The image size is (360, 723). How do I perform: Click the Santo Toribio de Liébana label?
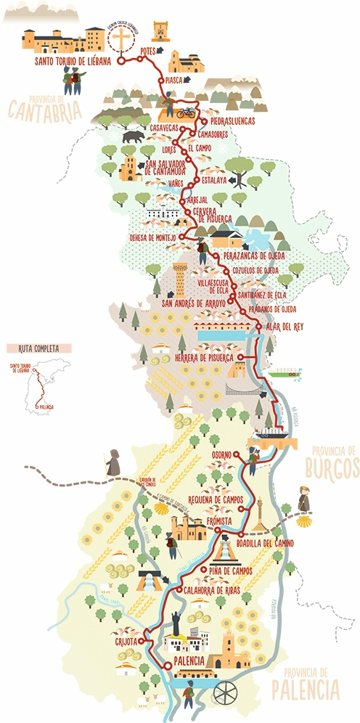[73, 62]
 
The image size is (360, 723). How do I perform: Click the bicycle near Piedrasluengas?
[187, 113]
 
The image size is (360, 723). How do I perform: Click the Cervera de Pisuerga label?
[213, 215]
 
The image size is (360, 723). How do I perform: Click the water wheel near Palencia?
[226, 694]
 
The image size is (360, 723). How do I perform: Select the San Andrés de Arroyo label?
[195, 303]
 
